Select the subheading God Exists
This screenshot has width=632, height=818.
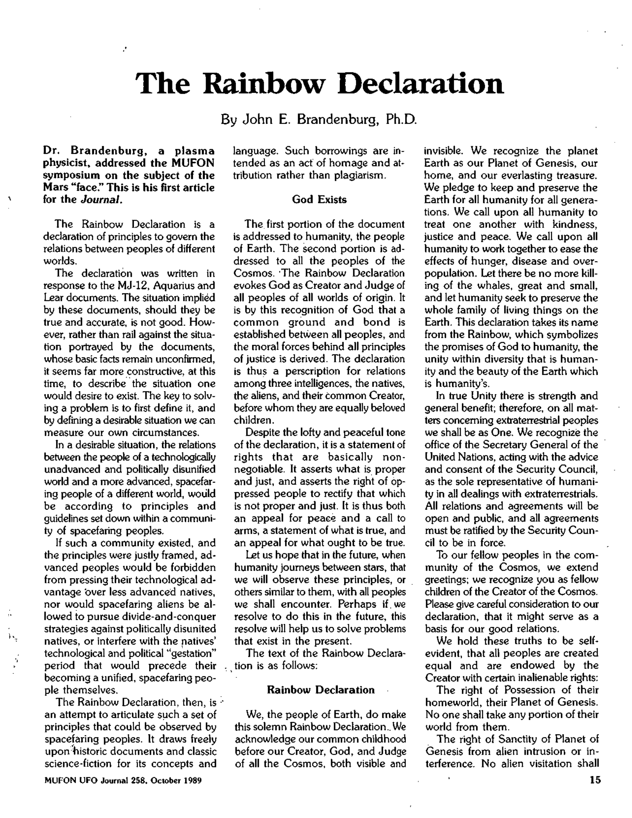319,199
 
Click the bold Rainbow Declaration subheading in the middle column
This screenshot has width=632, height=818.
320,690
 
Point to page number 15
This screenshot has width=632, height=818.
595,780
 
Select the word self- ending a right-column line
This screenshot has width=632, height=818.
587,641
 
